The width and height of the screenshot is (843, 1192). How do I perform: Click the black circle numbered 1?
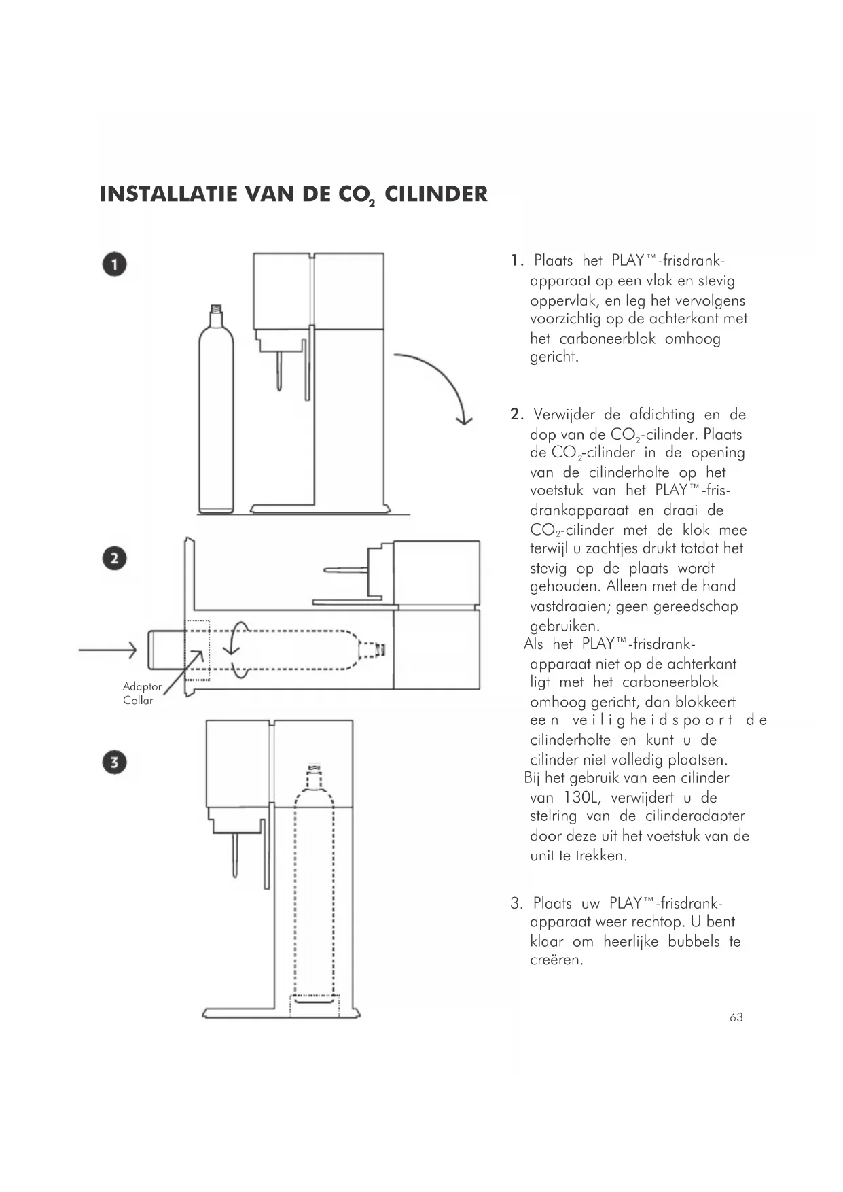[x=115, y=264]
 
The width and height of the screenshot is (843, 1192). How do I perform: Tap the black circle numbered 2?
[x=115, y=559]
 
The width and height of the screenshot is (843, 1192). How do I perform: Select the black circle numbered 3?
[x=115, y=762]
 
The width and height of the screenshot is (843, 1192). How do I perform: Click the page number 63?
[x=736, y=1017]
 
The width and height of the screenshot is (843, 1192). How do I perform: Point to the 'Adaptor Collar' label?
[x=141, y=693]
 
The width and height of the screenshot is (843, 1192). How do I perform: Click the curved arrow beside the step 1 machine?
[x=435, y=385]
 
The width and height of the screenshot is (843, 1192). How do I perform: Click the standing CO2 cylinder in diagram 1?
[x=215, y=415]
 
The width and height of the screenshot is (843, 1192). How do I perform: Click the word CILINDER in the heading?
[x=435, y=194]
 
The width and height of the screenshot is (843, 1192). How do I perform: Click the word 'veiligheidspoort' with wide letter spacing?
[x=653, y=720]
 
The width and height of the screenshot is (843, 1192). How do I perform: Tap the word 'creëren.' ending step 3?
[x=556, y=961]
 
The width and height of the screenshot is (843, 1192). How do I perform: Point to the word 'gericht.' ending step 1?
[x=554, y=357]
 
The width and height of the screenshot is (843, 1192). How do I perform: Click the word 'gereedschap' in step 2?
[x=696, y=606]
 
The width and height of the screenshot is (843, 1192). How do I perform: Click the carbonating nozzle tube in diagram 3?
[x=235, y=856]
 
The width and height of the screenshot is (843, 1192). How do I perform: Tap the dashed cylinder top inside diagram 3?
[x=313, y=775]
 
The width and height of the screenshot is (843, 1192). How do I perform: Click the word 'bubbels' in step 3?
[x=694, y=942]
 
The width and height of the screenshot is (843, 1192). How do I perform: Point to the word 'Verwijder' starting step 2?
[x=564, y=415]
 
